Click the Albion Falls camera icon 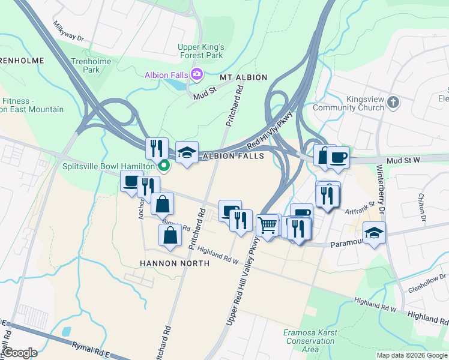pos(197,74)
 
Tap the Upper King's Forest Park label pos(200,51)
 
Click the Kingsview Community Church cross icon pos(393,101)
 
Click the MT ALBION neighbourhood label pos(243,78)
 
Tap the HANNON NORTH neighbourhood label pos(175,263)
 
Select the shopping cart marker pos(267,226)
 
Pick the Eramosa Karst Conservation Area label pos(310,341)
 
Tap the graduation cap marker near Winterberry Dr pos(374,232)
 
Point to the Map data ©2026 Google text pos(411,355)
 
